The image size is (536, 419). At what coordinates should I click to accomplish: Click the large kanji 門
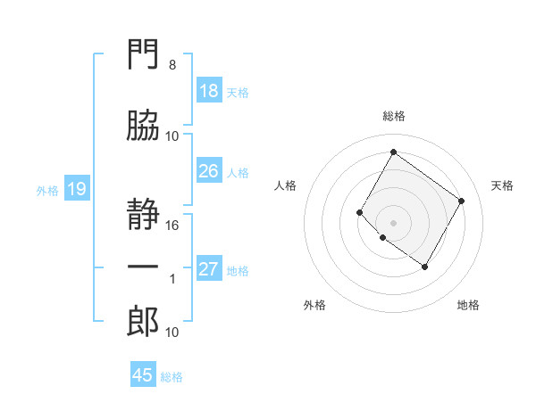pos(143,53)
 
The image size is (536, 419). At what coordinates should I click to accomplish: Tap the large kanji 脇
pos(143,125)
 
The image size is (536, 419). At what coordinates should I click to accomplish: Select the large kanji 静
pos(143,214)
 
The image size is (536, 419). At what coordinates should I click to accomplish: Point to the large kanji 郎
pos(143,321)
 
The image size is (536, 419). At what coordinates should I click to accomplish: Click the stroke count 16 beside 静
pos(172,226)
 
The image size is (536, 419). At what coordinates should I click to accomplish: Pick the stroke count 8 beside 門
pos(172,65)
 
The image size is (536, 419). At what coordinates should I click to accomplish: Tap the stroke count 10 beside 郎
pos(172,333)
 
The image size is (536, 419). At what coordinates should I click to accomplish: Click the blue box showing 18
pos(210,90)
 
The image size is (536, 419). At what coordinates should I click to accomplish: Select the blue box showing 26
pos(210,170)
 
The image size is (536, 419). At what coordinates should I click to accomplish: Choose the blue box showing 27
pos(210,267)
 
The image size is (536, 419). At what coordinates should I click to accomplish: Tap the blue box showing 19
pos(77,188)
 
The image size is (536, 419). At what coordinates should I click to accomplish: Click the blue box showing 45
pos(143,374)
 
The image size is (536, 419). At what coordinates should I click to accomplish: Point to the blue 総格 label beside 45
pos(172,377)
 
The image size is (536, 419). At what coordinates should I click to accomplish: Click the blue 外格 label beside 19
pos(47,191)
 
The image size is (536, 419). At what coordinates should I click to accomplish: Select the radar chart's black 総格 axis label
pos(394,116)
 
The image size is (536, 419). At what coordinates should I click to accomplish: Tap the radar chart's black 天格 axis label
pos(502,185)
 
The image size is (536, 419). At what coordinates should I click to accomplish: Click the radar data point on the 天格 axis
pos(461,201)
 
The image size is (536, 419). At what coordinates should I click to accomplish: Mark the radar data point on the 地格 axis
pos(424,267)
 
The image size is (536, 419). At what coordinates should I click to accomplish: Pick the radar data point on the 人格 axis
pos(359,212)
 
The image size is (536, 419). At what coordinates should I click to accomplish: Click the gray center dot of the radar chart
pos(393,223)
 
